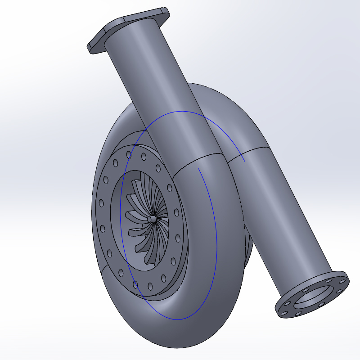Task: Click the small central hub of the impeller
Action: coord(151,218)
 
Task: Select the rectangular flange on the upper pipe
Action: coord(130,28)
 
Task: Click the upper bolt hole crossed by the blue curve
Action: coord(129,155)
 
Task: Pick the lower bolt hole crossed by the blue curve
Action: coord(135,283)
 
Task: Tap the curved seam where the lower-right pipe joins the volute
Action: coord(247,151)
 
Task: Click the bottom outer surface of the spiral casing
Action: coord(180,333)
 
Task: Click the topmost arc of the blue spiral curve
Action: coord(180,111)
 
